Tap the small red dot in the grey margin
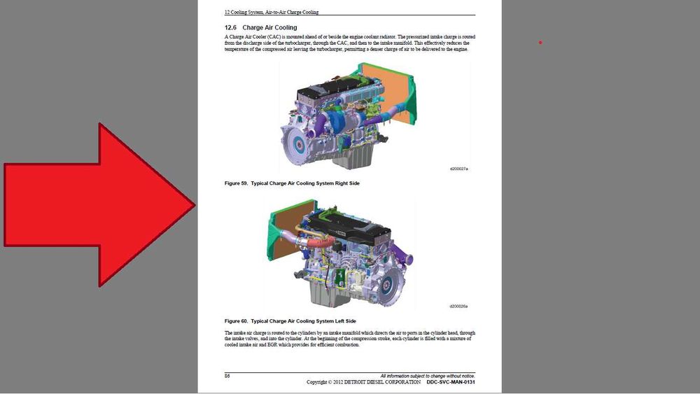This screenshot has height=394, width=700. coord(540,43)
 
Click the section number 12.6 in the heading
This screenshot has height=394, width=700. coord(230,27)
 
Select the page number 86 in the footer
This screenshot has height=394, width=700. coord(227,376)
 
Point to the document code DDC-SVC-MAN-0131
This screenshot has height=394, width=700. coord(451,382)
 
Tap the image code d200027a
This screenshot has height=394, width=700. coord(459,169)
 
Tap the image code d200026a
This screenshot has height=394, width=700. coord(458,306)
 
